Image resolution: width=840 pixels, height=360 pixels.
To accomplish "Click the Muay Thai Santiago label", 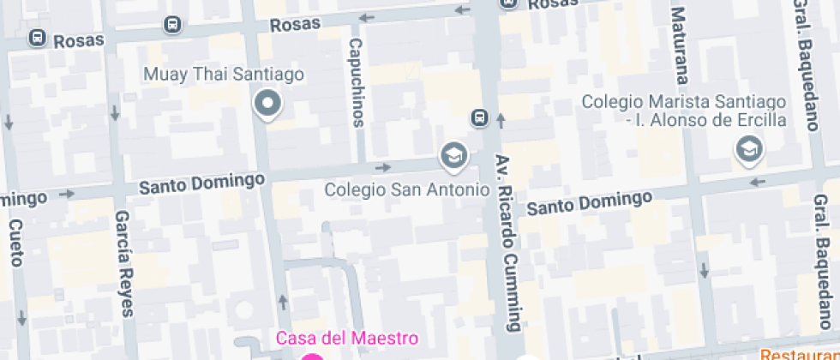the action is click(x=224, y=75).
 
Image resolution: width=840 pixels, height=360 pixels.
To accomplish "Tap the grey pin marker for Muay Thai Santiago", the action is click(x=268, y=105).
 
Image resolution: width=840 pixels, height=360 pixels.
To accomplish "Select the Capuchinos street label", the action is click(x=356, y=81).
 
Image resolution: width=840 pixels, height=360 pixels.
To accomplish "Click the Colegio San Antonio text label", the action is click(x=406, y=188).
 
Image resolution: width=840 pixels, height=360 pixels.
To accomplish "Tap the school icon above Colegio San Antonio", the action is click(x=452, y=155).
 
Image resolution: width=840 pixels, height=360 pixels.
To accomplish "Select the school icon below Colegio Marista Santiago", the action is click(x=749, y=150).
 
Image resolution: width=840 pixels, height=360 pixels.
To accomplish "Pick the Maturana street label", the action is click(x=679, y=48).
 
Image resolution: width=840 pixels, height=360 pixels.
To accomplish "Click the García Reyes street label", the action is click(x=125, y=263).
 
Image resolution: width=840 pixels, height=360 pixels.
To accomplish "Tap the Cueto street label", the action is click(x=15, y=243).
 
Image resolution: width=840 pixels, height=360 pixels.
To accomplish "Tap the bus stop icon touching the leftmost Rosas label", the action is click(x=38, y=38).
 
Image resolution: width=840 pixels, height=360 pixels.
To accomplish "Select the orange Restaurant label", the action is click(x=800, y=353).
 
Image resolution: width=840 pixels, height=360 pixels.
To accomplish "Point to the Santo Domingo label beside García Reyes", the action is click(x=201, y=183).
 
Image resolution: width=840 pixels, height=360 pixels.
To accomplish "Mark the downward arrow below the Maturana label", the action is click(x=704, y=270).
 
